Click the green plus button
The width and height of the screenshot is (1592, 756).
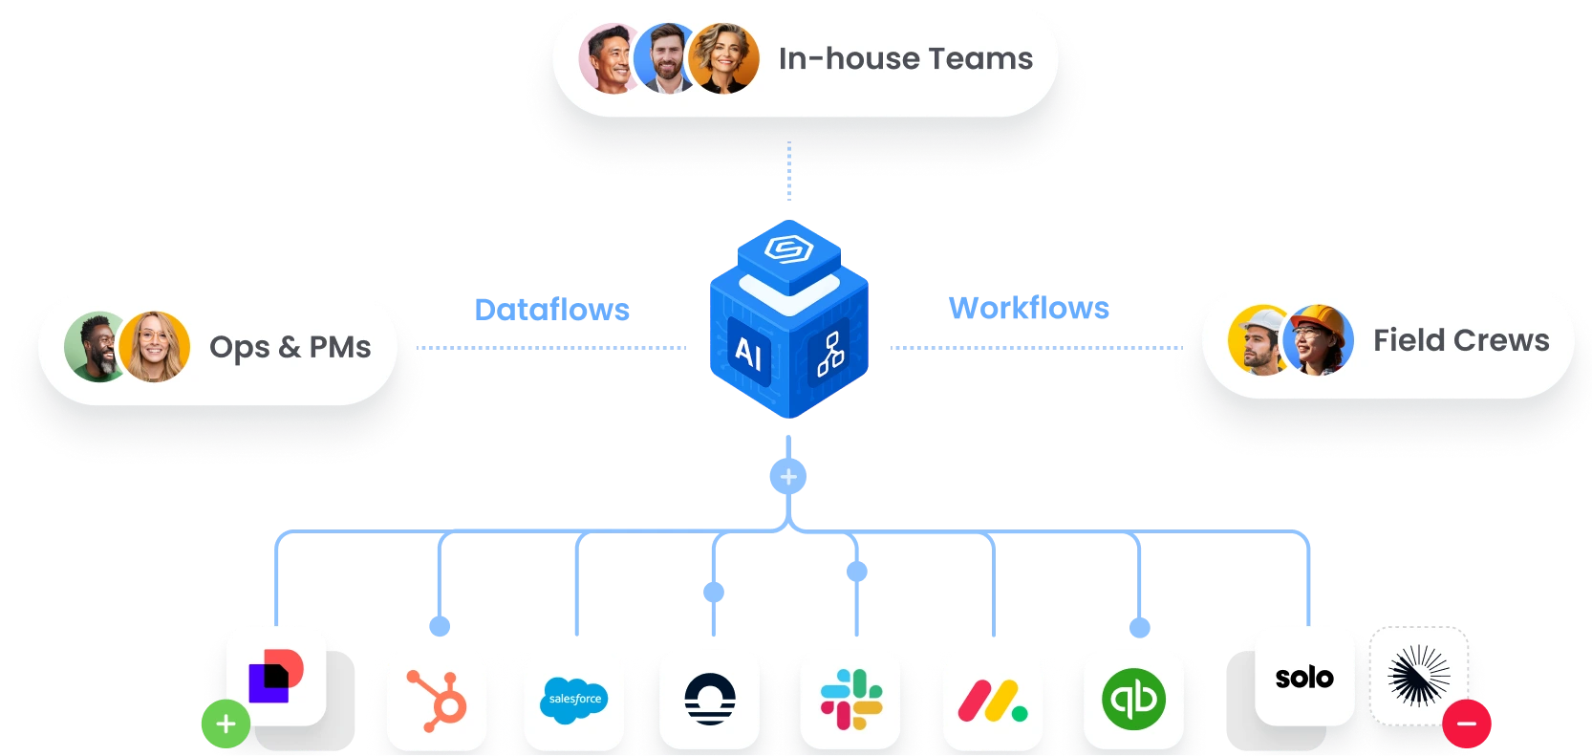[x=226, y=724]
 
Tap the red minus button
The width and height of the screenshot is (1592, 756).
[x=1467, y=724]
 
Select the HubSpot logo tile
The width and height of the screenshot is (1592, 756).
[x=437, y=700]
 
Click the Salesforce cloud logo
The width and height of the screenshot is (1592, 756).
[x=574, y=700]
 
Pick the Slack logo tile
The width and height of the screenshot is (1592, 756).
[x=850, y=699]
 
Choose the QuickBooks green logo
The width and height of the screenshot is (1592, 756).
[x=1133, y=699]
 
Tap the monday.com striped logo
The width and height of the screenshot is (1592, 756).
[x=992, y=701]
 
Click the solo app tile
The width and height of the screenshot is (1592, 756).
[x=1304, y=677]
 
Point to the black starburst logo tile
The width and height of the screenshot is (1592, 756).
[x=1419, y=675]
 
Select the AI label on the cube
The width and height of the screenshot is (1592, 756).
[x=748, y=355]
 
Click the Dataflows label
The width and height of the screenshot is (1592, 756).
[x=552, y=310]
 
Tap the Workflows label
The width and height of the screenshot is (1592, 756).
[x=1029, y=308]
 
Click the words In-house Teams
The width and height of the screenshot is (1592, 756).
[x=905, y=59]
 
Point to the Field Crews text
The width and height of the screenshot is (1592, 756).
[x=1461, y=340]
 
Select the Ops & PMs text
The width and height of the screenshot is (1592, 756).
[x=290, y=347]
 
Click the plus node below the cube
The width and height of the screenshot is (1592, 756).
[x=788, y=476]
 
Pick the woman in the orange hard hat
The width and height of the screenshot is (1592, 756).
[x=1319, y=340]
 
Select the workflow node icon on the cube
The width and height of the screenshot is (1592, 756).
[x=829, y=355]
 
